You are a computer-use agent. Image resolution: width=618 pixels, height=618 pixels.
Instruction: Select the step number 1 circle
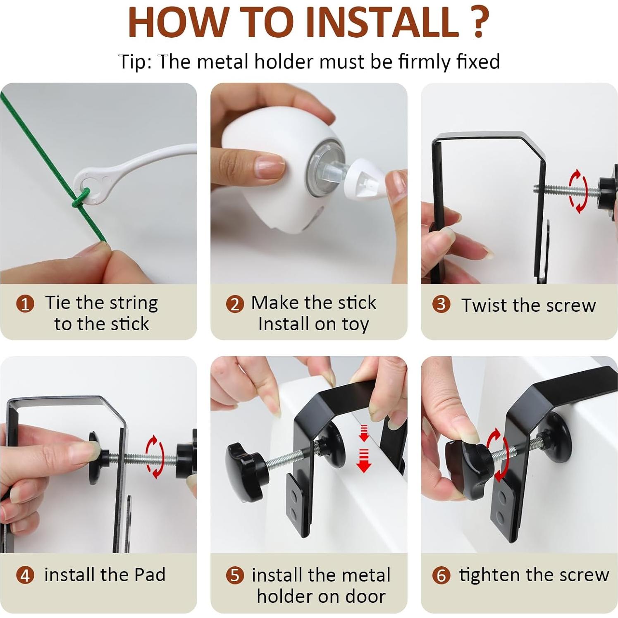pyautogui.click(x=25, y=304)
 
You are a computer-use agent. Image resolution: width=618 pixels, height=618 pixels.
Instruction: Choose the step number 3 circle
pyautogui.click(x=441, y=304)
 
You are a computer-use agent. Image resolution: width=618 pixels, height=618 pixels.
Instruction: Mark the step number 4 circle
pyautogui.click(x=25, y=575)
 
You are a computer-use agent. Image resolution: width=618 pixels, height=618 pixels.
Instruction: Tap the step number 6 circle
pyautogui.click(x=441, y=575)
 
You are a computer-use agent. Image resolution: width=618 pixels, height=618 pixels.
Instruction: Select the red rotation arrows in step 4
pyautogui.click(x=155, y=456)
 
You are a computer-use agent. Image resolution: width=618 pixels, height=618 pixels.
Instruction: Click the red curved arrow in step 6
pyautogui.click(x=499, y=455)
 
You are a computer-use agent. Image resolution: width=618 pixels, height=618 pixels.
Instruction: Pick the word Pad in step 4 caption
pyautogui.click(x=150, y=575)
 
